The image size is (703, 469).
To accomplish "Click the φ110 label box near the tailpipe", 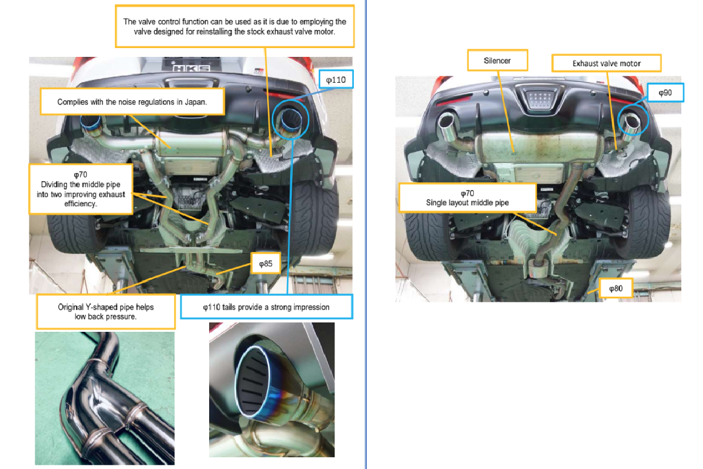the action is tap(336, 80).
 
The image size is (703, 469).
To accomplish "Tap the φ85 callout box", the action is tap(265, 264).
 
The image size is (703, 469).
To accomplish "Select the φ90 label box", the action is tap(665, 93).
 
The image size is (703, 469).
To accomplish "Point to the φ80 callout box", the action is tap(616, 288).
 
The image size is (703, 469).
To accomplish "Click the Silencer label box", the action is tap(497, 60).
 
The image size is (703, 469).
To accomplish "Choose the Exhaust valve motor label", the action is tap(606, 63).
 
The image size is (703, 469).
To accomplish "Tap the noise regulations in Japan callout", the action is tap(132, 102).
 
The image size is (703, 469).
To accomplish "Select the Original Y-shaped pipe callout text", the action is tap(106, 312).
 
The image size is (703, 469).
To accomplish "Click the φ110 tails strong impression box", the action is tap(267, 307).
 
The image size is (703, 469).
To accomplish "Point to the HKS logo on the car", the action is tap(192, 69).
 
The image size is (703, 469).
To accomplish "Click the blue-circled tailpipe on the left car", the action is tap(291, 120).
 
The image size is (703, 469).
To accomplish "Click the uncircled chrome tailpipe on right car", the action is tap(446, 124).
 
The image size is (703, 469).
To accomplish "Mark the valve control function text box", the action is tap(235, 26).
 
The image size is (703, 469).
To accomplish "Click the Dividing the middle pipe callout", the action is tap(81, 189).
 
